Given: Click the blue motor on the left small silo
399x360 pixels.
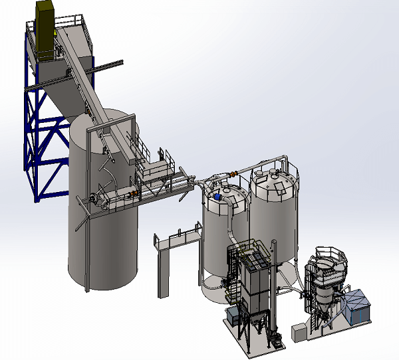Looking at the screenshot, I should pyautogui.click(x=217, y=197).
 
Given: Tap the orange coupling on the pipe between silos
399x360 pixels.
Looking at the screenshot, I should pyautogui.click(x=233, y=174).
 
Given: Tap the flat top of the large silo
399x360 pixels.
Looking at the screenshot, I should pyautogui.click(x=103, y=126).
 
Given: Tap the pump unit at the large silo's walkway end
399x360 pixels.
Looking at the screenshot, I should pyautogui.click(x=96, y=199).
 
